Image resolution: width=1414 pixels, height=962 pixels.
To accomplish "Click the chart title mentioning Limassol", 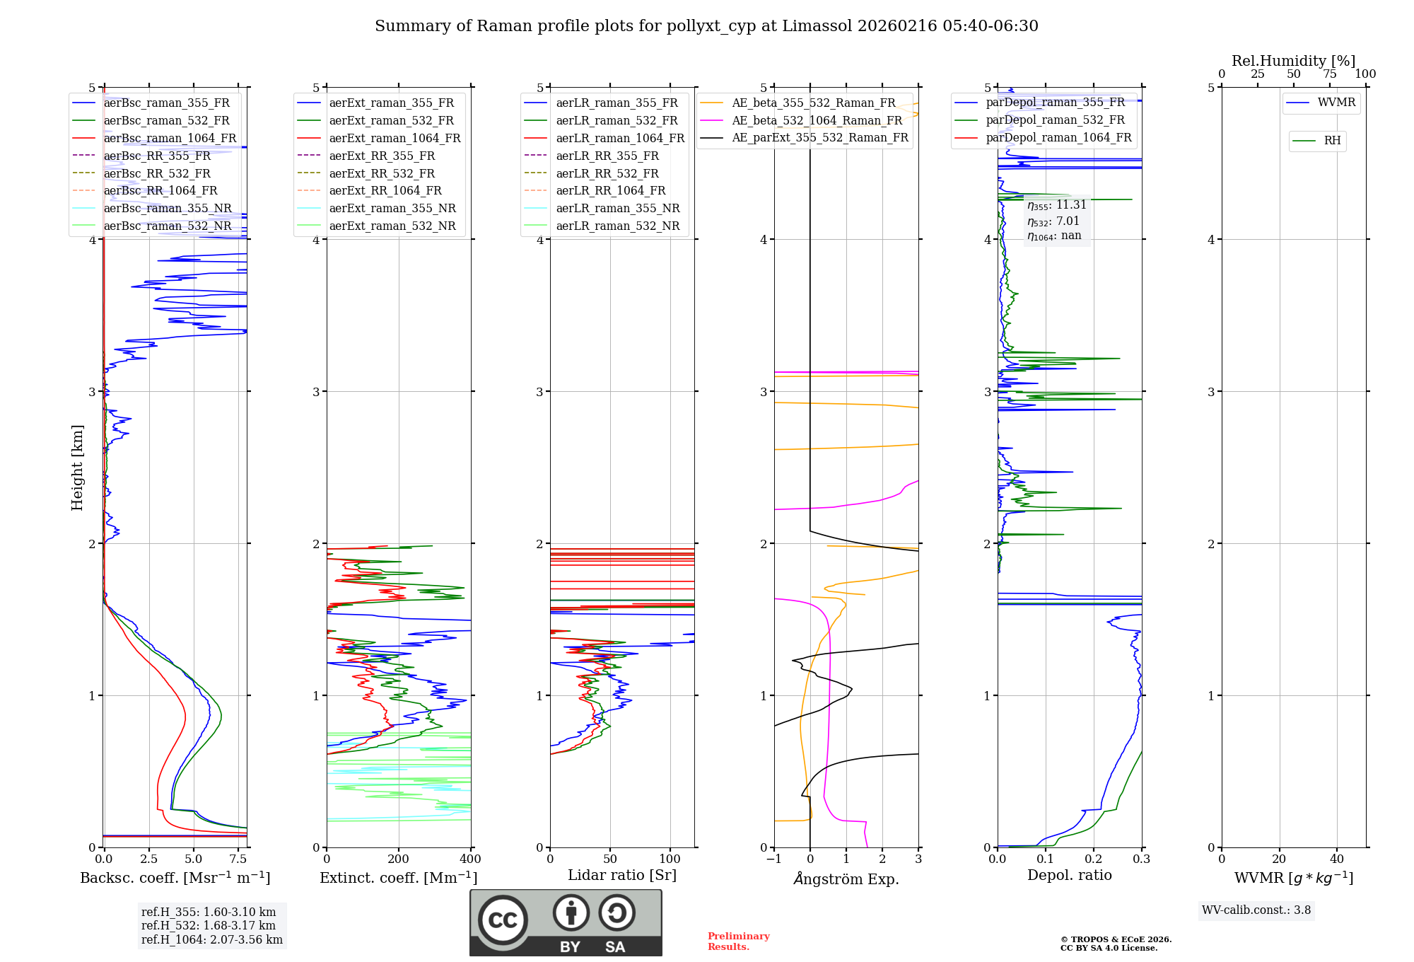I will pos(706,26).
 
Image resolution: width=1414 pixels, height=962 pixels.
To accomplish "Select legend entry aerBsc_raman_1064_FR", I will pos(170,138).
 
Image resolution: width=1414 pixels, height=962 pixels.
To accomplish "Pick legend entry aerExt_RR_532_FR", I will pos(382,173).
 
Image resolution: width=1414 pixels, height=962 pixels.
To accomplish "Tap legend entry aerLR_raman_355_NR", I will pos(617,208).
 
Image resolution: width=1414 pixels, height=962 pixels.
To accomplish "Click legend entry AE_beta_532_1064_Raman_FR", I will pos(817,120).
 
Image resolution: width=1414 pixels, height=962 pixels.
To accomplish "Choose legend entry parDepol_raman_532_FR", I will pos(1055,120).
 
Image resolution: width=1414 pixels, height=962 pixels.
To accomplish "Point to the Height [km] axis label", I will pos(77,467).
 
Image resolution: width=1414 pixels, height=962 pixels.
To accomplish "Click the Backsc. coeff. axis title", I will pos(175,878).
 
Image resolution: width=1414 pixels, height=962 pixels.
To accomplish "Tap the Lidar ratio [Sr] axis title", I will pos(621,875).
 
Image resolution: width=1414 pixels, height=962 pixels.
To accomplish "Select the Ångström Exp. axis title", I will pos(846,879).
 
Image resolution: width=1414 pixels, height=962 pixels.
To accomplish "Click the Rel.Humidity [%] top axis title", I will pos(1293,61).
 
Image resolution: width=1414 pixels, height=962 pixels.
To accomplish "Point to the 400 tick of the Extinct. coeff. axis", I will pos(470,859).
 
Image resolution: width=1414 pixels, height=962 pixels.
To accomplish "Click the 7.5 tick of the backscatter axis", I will pos(238,859).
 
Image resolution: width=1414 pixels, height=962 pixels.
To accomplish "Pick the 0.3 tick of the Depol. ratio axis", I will pos(1141,859).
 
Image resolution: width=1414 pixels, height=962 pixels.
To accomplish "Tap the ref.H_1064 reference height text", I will pos(211,939).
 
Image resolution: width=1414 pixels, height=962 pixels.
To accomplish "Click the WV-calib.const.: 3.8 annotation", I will pos(1256,910).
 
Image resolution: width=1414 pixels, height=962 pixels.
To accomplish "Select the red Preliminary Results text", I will pos(738,941).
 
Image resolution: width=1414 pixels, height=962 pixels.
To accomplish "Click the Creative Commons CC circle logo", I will pos(503,920).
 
